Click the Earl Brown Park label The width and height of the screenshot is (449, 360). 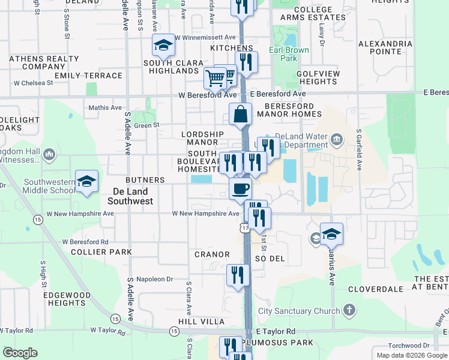pos(283,54)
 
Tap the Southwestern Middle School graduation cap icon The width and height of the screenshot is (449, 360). pos(87,181)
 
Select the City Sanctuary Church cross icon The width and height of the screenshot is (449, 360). pos(349,311)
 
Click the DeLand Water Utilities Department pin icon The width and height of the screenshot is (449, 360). pos(336,142)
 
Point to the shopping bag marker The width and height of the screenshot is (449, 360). pos(241,114)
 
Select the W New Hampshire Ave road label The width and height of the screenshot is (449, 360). pos(206,213)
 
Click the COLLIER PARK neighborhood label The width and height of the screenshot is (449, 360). pos(101,252)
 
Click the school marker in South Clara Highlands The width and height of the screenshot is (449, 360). pos(163,45)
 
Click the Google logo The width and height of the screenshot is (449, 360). pos(20,353)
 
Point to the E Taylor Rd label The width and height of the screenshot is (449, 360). pos(276,331)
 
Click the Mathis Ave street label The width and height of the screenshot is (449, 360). pos(105,107)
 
